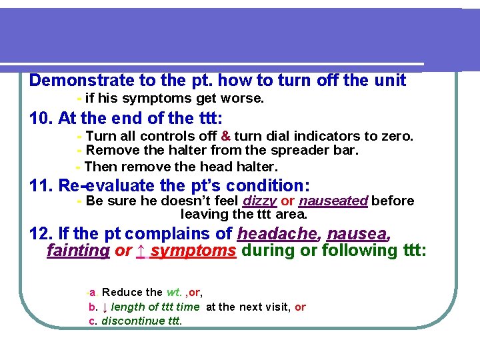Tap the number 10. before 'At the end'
tap(42, 119)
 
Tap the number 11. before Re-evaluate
tap(42, 185)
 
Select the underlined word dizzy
tap(260, 201)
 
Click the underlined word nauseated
tap(333, 201)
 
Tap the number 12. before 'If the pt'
tap(42, 234)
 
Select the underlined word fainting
tap(78, 251)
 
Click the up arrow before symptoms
tap(141, 251)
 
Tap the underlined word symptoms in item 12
tap(193, 251)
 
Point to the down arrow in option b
tap(104, 307)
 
